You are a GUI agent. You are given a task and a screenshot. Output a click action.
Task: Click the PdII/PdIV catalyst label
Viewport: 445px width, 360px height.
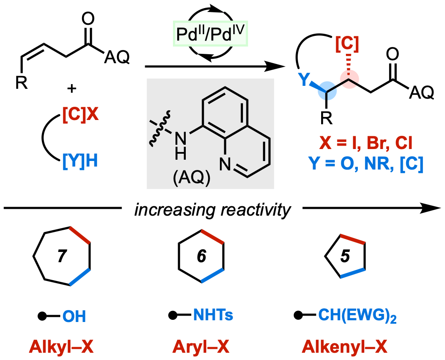210,33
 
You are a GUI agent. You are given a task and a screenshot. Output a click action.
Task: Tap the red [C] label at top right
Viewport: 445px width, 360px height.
347,44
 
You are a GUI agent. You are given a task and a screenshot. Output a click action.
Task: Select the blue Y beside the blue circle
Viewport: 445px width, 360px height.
304,79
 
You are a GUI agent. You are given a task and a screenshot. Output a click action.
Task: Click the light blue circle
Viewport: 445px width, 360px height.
328,91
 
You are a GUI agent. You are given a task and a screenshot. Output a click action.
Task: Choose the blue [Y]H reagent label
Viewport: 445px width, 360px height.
80,162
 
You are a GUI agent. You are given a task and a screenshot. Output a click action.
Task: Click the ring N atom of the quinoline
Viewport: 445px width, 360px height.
225,165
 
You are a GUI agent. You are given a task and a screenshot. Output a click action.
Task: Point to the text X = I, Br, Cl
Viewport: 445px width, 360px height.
366,143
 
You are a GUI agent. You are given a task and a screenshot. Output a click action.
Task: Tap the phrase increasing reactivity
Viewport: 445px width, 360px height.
212,211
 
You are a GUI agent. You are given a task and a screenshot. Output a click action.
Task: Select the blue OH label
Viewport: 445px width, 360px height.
74,316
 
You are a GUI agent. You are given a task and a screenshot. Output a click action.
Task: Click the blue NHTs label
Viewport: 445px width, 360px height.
213,316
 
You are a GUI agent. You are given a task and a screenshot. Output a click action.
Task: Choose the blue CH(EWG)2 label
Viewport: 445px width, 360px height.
357,316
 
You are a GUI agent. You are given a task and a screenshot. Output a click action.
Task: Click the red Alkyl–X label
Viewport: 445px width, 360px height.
61,347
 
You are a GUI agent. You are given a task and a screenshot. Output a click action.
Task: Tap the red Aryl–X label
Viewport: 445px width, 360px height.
201,347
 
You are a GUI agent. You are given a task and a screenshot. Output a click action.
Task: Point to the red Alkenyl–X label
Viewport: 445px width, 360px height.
344,347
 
